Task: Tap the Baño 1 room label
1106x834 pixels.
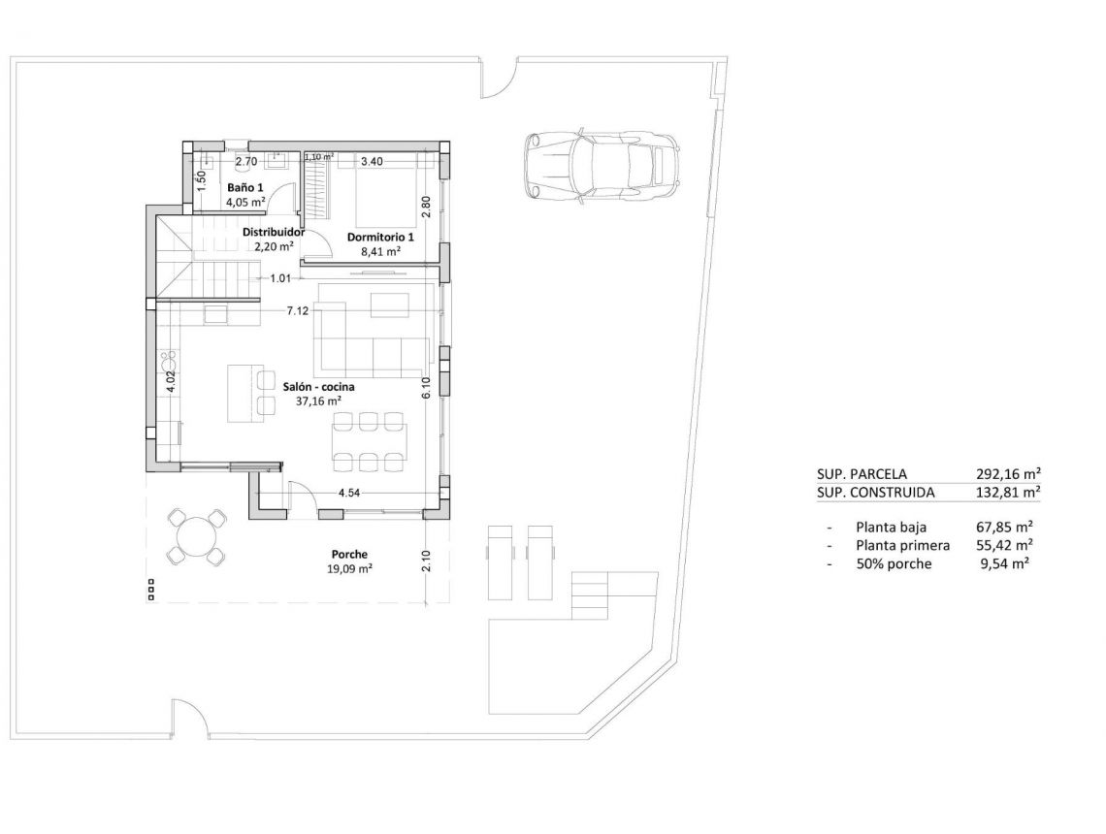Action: pyautogui.click(x=245, y=186)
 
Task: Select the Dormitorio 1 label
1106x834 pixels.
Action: pyautogui.click(x=380, y=237)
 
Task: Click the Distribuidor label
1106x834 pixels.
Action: pyautogui.click(x=274, y=233)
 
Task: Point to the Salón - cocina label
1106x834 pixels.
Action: pyautogui.click(x=319, y=385)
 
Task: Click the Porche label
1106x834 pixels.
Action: pyautogui.click(x=349, y=555)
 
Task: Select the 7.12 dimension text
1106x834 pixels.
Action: pyautogui.click(x=298, y=311)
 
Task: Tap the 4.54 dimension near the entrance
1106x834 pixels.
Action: pyautogui.click(x=350, y=494)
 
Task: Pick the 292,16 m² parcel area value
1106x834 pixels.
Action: pyautogui.click(x=1008, y=474)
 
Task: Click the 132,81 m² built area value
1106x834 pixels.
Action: pyautogui.click(x=1008, y=492)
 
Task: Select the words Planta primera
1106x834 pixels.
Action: pyautogui.click(x=903, y=545)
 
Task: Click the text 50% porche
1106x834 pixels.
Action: pyautogui.click(x=894, y=562)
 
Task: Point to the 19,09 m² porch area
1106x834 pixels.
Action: pyautogui.click(x=349, y=569)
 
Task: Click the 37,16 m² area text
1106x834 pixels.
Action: pyautogui.click(x=319, y=400)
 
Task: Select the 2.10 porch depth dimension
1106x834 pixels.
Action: pyautogui.click(x=425, y=561)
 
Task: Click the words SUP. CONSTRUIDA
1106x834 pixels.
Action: pyautogui.click(x=876, y=492)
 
